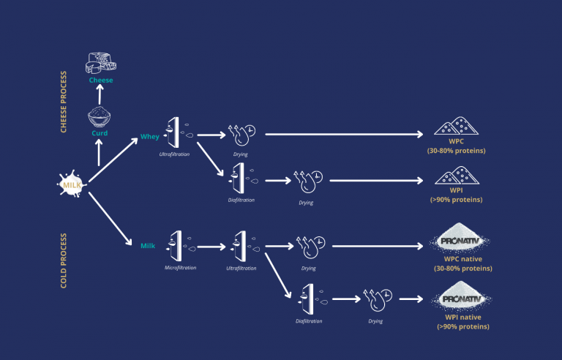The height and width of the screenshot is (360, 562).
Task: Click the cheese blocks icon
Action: pos(101,63)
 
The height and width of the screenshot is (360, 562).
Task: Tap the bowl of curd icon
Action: pos(100,116)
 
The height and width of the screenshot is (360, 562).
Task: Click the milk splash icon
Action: pos(71,184)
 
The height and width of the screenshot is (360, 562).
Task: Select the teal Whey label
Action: pos(150,137)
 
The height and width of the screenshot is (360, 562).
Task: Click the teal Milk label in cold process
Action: pos(148,246)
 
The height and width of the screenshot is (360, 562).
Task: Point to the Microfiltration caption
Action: pos(180,268)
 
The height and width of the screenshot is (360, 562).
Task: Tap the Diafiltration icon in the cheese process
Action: pos(242,179)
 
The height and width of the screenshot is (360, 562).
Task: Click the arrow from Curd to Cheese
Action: pos(100,94)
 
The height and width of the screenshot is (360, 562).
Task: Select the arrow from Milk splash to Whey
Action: pos(113,160)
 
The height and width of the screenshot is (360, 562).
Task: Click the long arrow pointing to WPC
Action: pos(344,135)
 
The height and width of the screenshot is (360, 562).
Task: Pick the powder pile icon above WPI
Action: pos(457,176)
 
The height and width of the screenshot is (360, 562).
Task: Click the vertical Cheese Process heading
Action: pos(64,102)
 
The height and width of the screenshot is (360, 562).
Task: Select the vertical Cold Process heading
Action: pos(64,260)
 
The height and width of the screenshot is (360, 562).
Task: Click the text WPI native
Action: pos(463,318)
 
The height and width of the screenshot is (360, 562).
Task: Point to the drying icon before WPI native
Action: pos(378,299)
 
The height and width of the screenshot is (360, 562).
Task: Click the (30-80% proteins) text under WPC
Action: pos(457,151)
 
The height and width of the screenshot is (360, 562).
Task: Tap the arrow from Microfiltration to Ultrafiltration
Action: pos(211,247)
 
